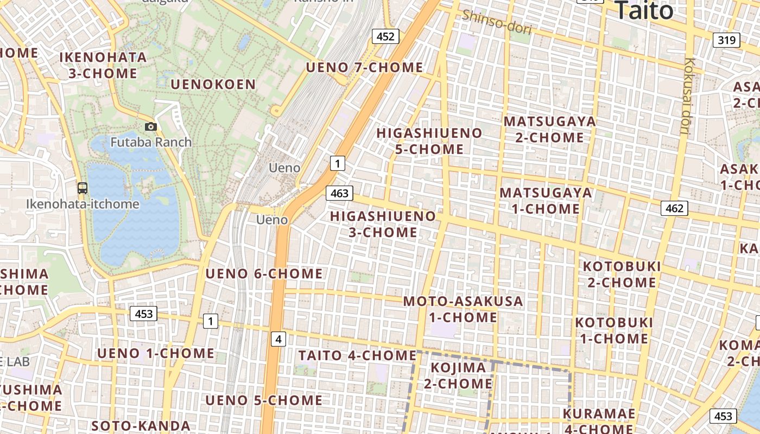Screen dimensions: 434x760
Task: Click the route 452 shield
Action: pyautogui.click(x=385, y=36)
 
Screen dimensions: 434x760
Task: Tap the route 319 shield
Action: pyautogui.click(x=726, y=40)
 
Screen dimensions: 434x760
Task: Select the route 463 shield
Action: pyautogui.click(x=339, y=193)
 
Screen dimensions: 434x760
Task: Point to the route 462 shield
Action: pyautogui.click(x=674, y=208)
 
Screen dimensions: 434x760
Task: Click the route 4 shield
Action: pyautogui.click(x=278, y=340)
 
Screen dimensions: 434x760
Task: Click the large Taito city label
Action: pyautogui.click(x=644, y=11)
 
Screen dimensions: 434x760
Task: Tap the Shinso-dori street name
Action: pyautogui.click(x=497, y=22)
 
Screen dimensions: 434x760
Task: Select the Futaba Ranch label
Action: pyautogui.click(x=151, y=142)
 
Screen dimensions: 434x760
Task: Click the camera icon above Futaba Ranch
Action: pyautogui.click(x=151, y=127)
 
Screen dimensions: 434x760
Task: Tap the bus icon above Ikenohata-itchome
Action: pyautogui.click(x=83, y=188)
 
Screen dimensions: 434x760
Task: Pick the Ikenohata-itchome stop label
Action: pyautogui.click(x=83, y=205)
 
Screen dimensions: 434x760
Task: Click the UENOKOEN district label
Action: pyautogui.click(x=213, y=84)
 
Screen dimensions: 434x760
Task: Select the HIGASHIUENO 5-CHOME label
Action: pyautogui.click(x=429, y=141)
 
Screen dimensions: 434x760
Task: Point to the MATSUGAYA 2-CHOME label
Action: pyautogui.click(x=549, y=129)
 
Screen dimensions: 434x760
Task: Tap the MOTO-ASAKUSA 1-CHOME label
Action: pyautogui.click(x=463, y=309)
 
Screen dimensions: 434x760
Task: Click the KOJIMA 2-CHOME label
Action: pyautogui.click(x=458, y=375)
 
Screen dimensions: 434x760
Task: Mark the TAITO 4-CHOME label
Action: pyautogui.click(x=357, y=356)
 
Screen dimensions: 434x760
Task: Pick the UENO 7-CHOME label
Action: pyautogui.click(x=364, y=68)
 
